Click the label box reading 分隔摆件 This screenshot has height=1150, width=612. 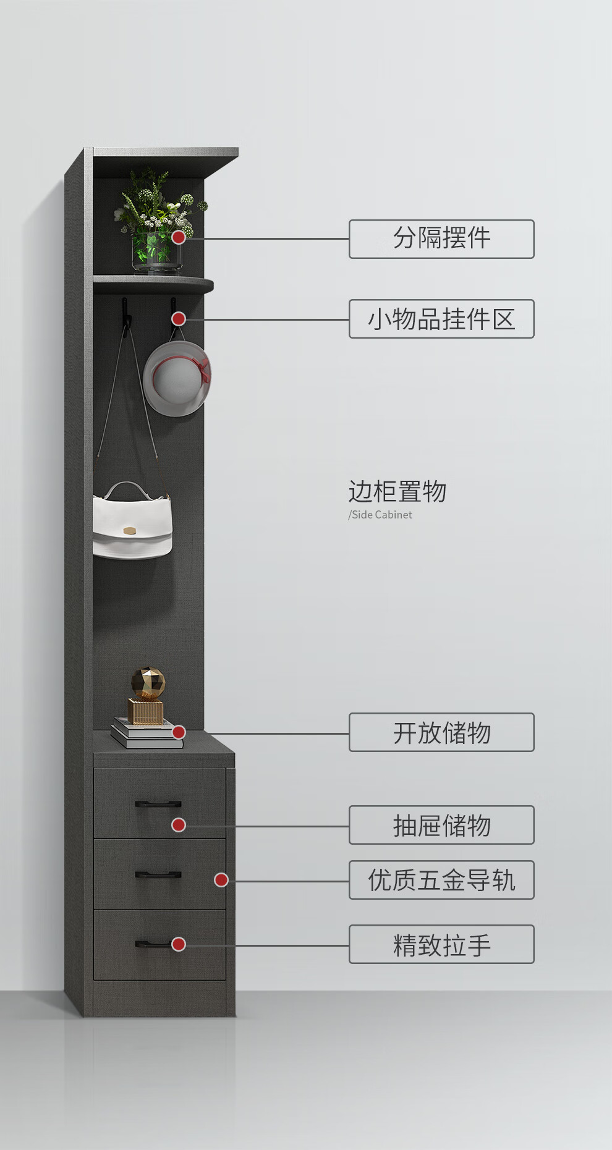(x=441, y=239)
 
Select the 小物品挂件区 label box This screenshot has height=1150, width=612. (x=441, y=319)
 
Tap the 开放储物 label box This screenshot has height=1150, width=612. (x=441, y=732)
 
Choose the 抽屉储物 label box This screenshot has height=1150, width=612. (x=441, y=825)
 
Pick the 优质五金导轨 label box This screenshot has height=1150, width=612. (x=441, y=880)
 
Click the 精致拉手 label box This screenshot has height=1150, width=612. (x=441, y=944)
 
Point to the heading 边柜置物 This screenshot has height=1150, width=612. (x=397, y=492)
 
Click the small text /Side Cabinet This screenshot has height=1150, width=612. (x=380, y=515)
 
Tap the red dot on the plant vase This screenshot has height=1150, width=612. (x=179, y=237)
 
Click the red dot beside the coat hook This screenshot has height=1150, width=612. (x=179, y=319)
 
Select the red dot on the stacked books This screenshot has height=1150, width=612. (x=179, y=732)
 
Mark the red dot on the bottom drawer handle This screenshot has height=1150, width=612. (x=179, y=944)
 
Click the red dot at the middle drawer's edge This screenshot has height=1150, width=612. (x=221, y=880)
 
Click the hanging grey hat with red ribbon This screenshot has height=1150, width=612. (x=177, y=378)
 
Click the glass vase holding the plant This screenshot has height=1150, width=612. (x=157, y=253)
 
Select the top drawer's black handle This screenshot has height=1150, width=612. (x=158, y=804)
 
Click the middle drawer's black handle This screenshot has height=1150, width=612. (x=158, y=874)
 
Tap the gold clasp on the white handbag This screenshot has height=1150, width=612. (x=129, y=530)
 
